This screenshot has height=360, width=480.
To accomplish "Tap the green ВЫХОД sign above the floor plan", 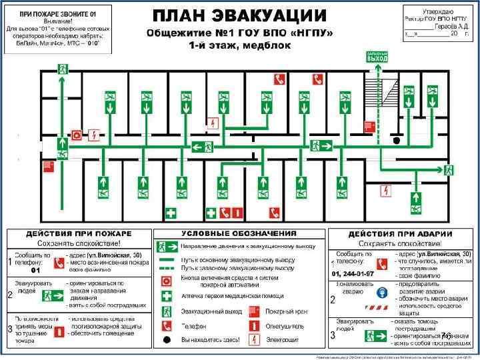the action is pos(377,57).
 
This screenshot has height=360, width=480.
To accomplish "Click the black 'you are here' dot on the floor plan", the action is pos(397,141).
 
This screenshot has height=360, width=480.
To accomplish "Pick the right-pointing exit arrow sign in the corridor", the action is pos(326,145).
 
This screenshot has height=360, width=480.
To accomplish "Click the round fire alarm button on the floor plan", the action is pos(77,135).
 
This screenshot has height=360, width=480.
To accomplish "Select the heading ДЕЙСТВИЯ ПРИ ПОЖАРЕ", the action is pos(79,234).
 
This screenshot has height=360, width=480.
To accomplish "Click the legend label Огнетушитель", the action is pos(285,326).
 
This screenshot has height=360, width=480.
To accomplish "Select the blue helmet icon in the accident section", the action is pos(382,291).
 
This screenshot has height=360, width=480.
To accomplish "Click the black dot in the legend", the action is pos(165,340).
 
